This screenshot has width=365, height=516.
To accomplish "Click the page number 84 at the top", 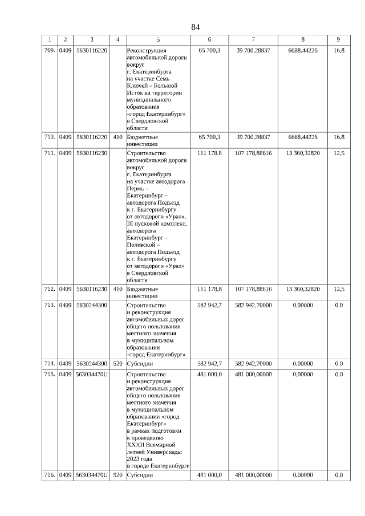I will pos(196,27).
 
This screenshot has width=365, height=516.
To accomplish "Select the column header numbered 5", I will pos(159,39).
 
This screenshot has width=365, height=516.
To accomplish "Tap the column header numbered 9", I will pos(338,39).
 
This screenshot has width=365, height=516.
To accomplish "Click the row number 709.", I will pos(50,51).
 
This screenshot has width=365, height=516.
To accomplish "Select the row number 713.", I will pos(50,305).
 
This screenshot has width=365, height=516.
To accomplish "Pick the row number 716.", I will pos(50,475).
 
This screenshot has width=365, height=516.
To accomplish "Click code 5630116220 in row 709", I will pos(91,51).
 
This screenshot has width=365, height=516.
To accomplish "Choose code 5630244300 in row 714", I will pos(91,363).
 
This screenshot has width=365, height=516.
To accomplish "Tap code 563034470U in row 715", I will pos(91,374).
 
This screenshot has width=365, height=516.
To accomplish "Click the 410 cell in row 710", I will pos(117,137).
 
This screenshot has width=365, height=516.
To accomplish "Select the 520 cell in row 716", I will pos(117,475).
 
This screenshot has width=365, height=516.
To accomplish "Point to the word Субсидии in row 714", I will pos(140,363).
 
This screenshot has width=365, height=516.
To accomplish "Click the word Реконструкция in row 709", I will pos(146,51).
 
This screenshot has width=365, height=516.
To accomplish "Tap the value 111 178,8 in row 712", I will pos(209,289).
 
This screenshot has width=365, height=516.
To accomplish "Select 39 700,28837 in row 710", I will pos(253,137).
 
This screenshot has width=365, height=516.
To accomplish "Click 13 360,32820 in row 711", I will pos(303,153).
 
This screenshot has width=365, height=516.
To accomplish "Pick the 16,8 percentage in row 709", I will pos(338,51).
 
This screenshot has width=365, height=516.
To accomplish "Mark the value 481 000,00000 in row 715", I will pos(253,374).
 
